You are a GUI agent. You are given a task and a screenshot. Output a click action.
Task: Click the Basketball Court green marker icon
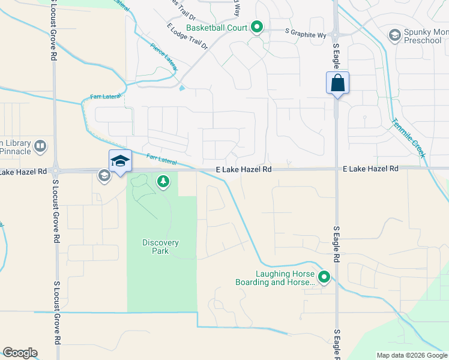pyautogui.click(x=257, y=27)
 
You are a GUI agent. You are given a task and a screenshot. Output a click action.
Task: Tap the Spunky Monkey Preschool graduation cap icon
pyautogui.click(x=395, y=35)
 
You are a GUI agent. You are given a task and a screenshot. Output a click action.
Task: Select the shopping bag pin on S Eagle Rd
pyautogui.click(x=337, y=83)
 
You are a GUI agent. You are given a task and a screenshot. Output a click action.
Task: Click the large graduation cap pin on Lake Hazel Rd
pyautogui.click(x=120, y=161)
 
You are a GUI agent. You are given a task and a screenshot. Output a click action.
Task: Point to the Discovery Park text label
pyautogui.click(x=160, y=247)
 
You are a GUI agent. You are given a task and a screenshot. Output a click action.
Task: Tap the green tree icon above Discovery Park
pyautogui.click(x=163, y=181)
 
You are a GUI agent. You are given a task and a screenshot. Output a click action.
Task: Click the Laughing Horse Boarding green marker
pyautogui.click(x=324, y=277)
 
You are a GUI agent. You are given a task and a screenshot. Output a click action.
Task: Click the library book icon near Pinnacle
pyautogui.click(x=40, y=146)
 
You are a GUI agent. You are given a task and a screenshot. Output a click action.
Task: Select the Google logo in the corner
pyautogui.click(x=20, y=353)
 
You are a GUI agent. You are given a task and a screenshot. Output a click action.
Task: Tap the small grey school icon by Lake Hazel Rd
pyautogui.click(x=104, y=175)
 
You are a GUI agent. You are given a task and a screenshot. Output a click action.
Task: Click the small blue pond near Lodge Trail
pyautogui.click(x=181, y=89)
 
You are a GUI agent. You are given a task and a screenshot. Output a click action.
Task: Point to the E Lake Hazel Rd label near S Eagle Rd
pyautogui.click(x=371, y=169)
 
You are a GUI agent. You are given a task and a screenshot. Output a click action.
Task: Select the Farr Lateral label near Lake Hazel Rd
pyautogui.click(x=161, y=160)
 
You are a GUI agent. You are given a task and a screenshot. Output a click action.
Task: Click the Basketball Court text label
pyautogui.click(x=217, y=28)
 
